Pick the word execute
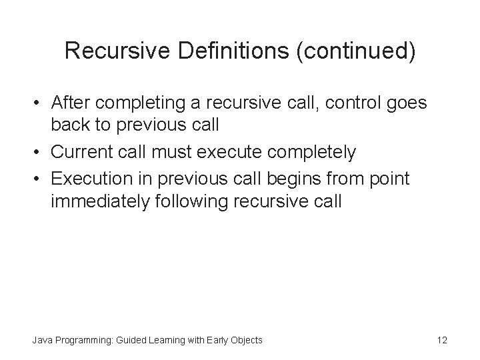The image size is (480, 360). point(237,152)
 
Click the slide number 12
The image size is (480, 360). point(441,340)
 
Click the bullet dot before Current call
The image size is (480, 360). point(39,152)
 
